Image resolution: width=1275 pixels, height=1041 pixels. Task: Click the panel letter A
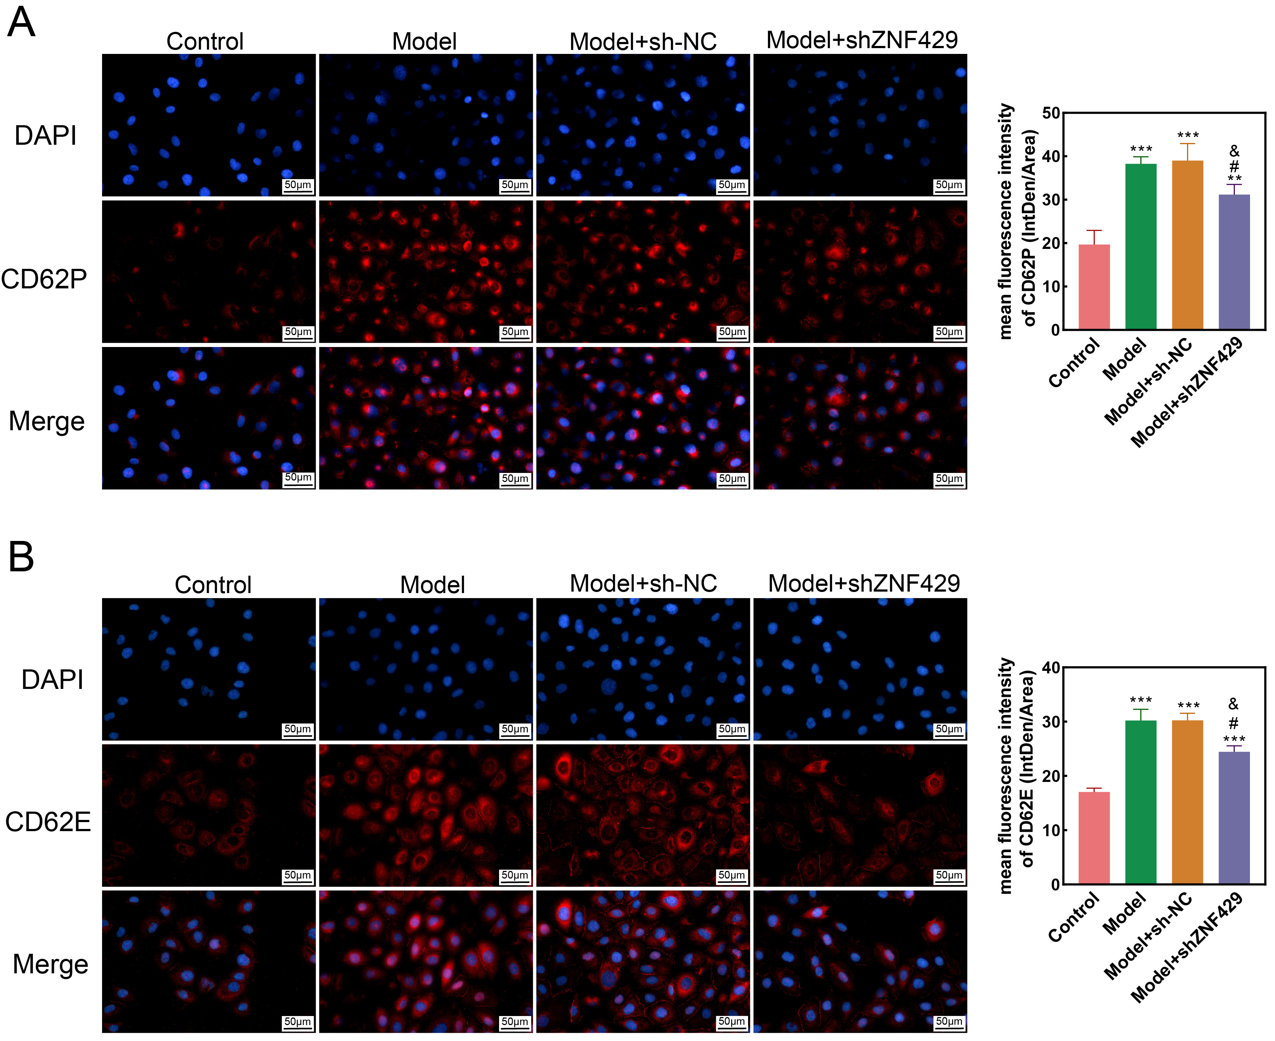coord(21,23)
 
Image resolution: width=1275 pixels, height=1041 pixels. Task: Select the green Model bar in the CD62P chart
coord(1141,246)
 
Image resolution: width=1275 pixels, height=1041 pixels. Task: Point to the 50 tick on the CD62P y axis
coord(1051,113)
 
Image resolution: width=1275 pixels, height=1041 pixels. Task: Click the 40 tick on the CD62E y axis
coord(1051,668)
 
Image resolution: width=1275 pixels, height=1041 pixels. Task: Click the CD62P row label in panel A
coord(44,279)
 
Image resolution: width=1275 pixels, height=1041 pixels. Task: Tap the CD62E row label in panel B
coord(48,821)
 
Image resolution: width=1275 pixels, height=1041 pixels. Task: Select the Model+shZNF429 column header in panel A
coord(862,40)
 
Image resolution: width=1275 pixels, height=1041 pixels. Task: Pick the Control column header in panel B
coord(213,585)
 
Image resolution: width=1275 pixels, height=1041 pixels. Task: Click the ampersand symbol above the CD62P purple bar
coord(1234,151)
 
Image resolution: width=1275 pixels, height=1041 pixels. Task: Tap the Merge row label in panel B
coord(50,964)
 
